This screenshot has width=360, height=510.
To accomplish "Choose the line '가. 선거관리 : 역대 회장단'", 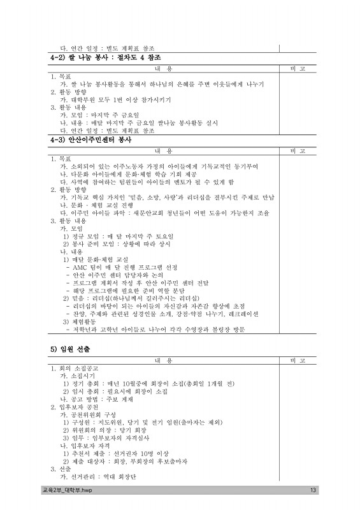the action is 99,476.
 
